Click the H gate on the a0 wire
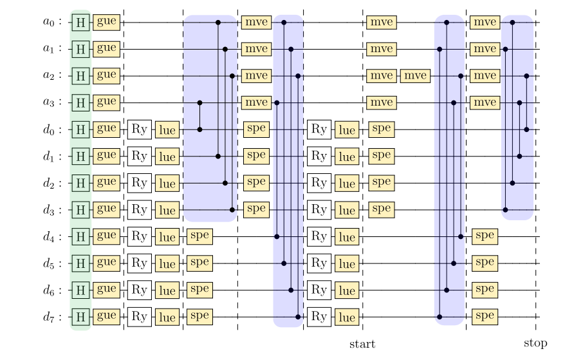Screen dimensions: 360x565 [80, 22]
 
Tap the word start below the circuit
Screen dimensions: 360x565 [362, 344]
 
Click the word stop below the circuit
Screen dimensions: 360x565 [535, 344]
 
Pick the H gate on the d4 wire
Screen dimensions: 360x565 [80, 237]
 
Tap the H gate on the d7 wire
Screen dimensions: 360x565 [80, 317]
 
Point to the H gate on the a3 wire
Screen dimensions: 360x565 [80, 103]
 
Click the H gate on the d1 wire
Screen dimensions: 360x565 [80, 156]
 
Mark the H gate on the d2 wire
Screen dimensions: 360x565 [80, 183]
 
